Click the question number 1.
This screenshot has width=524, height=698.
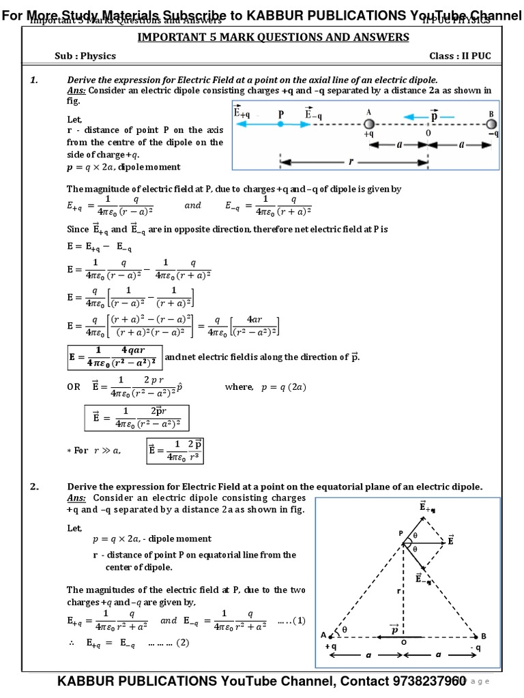33,80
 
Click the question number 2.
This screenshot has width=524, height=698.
34,486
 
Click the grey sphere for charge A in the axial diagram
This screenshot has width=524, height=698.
368,124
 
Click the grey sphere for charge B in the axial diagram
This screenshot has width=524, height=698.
491,124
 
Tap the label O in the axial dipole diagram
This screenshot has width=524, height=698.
428,134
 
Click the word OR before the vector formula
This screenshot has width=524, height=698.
74,386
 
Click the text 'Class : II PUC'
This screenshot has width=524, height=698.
460,56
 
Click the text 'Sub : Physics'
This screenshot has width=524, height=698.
85,56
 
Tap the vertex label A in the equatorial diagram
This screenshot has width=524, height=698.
323,635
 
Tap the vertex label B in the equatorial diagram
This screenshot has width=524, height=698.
483,635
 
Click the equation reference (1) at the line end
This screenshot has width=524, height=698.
299,620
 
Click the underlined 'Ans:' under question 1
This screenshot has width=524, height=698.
76,91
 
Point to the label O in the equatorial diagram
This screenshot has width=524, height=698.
404,642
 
